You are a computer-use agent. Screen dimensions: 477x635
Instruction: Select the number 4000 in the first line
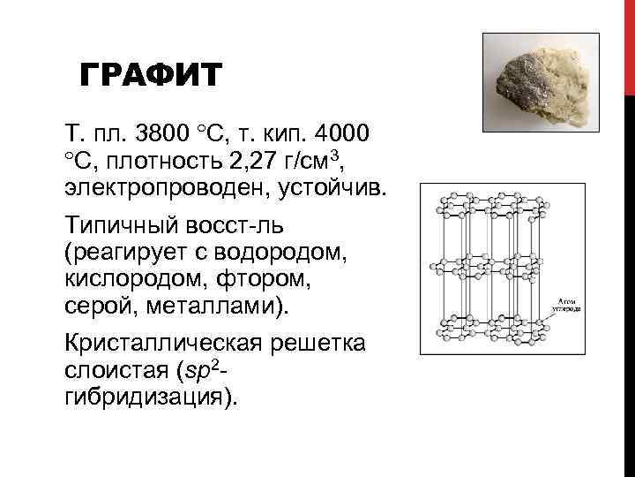(x=340, y=134)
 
